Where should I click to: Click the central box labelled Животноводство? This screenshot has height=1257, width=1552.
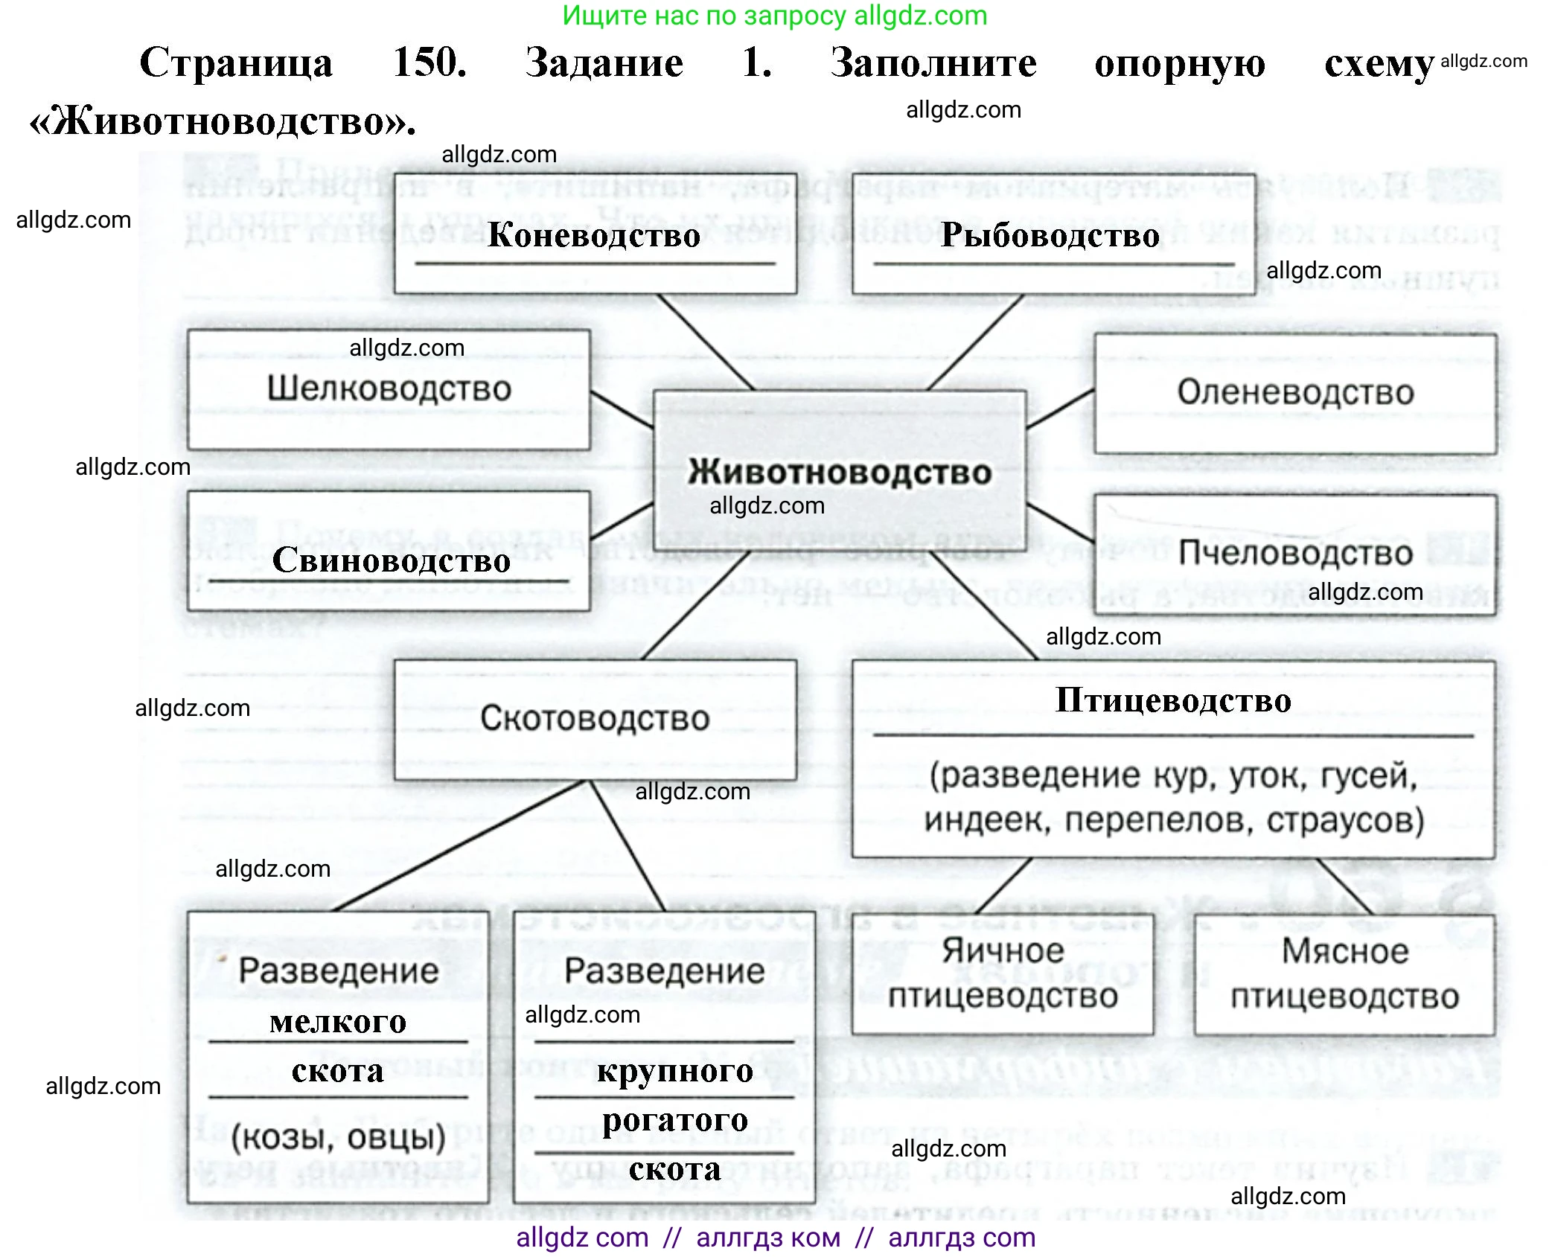tap(839, 471)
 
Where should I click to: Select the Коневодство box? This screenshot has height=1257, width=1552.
tap(595, 234)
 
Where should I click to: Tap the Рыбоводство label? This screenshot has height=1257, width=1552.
tap(1050, 234)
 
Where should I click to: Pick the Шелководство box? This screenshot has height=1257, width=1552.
tap(389, 388)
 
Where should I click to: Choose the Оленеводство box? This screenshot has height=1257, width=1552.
tap(1295, 392)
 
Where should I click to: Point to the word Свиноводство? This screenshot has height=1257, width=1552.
tap(391, 560)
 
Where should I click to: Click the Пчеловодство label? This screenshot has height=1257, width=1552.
tap(1295, 553)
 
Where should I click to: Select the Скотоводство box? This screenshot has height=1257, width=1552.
tap(595, 718)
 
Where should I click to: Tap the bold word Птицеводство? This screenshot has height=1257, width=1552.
tap(1173, 700)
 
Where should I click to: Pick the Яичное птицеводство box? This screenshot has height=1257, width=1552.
tap(1003, 973)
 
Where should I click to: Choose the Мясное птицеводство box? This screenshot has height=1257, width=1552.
tap(1344, 973)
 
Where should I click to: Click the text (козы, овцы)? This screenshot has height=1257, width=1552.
tap(338, 1137)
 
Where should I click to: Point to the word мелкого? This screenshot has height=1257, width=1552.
tap(338, 1021)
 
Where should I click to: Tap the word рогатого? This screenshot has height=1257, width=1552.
tap(675, 1119)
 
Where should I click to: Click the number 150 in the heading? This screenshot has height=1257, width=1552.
tap(429, 62)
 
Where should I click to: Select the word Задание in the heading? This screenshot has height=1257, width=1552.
tap(604, 63)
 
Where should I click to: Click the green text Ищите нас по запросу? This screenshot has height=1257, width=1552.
tap(703, 16)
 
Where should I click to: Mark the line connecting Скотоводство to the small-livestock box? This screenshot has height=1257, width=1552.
tap(462, 845)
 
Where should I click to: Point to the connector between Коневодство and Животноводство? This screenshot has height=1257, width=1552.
tap(705, 342)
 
